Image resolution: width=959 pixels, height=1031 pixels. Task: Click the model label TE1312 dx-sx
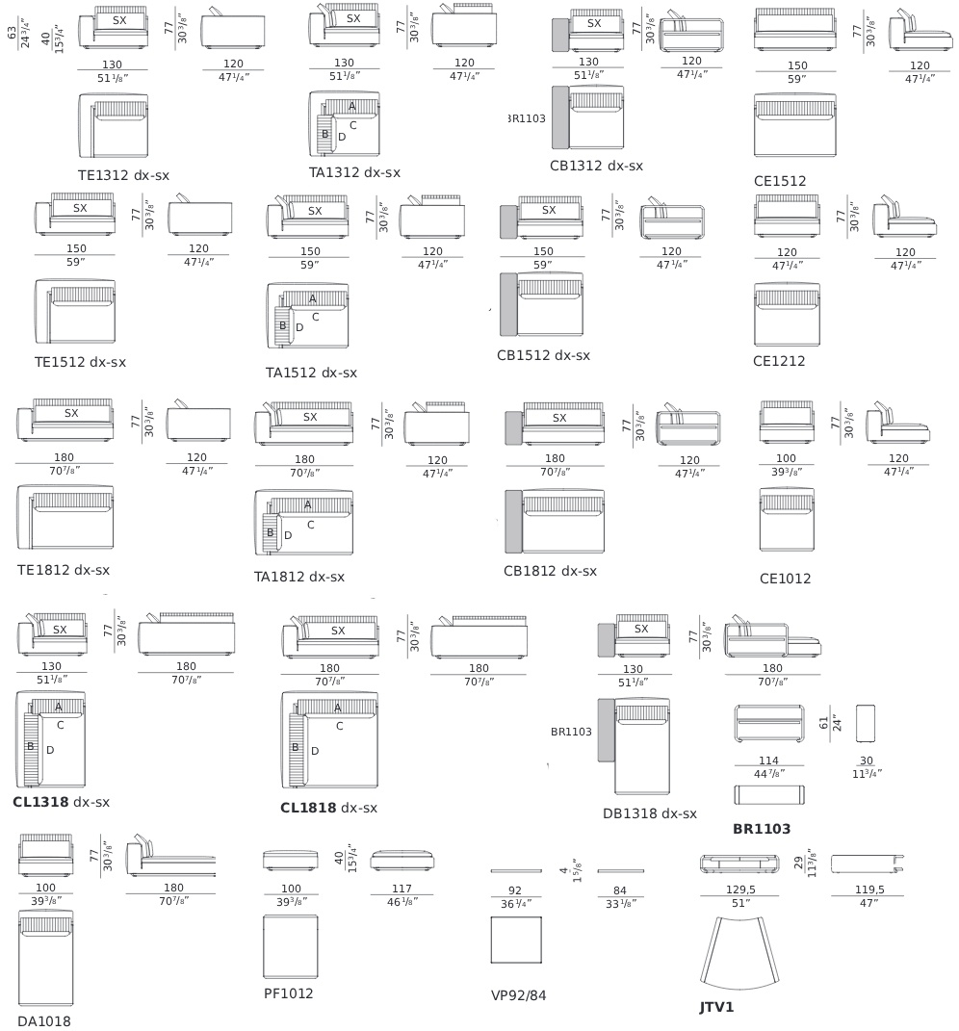pos(123,175)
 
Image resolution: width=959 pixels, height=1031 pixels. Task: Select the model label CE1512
pos(780,181)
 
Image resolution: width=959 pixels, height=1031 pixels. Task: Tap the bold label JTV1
pos(716,1007)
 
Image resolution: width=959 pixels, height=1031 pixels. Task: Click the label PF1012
pos(288,993)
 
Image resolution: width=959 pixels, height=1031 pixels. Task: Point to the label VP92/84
pos(518,995)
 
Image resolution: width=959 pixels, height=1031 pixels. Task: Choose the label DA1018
pos(44,1021)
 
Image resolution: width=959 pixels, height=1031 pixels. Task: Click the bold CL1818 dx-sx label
pos(329,808)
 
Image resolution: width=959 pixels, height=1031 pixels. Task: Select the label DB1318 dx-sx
pos(650,813)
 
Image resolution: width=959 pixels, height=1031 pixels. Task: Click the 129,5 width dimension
pos(740,889)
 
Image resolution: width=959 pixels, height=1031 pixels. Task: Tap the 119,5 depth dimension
pos(869,889)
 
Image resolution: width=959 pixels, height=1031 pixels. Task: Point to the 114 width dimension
pos(768,760)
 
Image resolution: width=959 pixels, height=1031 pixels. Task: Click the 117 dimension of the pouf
pos(402,889)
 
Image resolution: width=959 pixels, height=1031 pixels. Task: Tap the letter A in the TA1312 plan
pos(351,106)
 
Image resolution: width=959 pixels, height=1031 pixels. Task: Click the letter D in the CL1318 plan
pos(50,750)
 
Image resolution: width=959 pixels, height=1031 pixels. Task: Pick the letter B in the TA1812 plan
pos(270,532)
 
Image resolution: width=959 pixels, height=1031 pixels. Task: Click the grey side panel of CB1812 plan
pos(514,522)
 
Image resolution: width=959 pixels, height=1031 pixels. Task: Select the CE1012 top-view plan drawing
pos(787,520)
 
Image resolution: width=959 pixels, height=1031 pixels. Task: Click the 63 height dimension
pos(12,32)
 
